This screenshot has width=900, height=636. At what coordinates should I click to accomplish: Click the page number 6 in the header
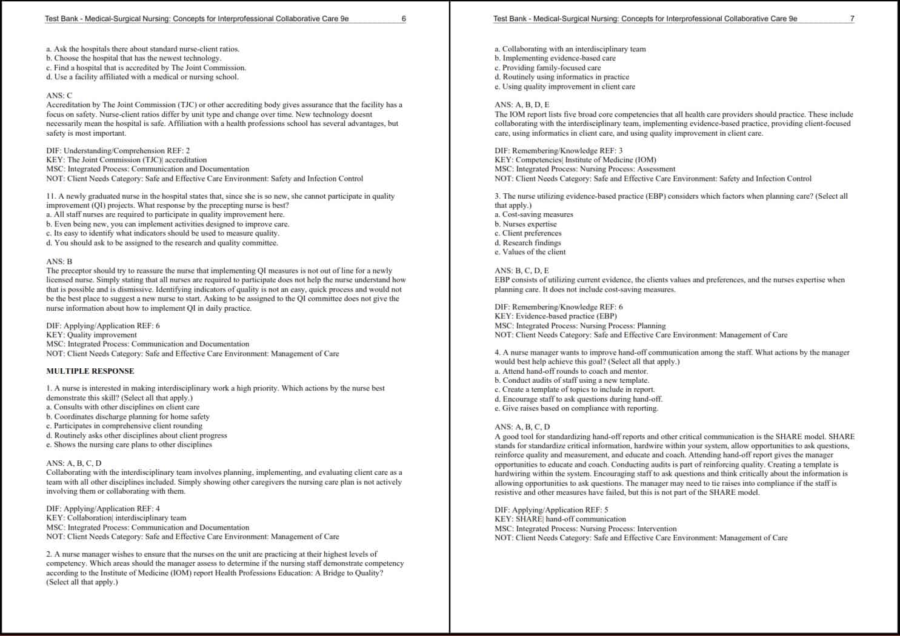pos(404,19)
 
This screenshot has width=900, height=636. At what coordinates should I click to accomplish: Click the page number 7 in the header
pos(852,19)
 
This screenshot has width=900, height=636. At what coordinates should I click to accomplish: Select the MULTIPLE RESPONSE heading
pos(90,371)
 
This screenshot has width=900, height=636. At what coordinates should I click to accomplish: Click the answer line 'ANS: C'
pos(59,96)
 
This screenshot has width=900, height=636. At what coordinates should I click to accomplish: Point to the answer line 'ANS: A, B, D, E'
pos(522,105)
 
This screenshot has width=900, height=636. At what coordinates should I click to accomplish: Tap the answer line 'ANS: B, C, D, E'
pos(521,271)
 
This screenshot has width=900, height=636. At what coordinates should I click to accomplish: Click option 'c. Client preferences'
pos(528,233)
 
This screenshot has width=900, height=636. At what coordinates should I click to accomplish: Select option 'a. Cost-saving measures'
pos(533,214)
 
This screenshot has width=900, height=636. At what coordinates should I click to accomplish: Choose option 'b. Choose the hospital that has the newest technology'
pos(133,58)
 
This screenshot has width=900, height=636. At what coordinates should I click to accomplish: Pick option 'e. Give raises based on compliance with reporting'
pos(576,408)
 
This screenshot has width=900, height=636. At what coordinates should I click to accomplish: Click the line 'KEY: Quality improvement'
pos(92,335)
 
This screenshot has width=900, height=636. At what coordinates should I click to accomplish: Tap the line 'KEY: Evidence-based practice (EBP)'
pos(556,316)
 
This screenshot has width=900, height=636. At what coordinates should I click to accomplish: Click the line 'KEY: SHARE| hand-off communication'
pos(560,519)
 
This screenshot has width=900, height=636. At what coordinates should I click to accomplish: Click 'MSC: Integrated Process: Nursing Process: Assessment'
pos(585,169)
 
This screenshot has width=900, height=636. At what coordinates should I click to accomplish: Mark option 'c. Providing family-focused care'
pos(547,68)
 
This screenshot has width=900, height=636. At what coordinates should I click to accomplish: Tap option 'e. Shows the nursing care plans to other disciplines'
pos(129,445)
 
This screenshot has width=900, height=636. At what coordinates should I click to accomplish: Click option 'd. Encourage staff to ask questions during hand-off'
pos(578,399)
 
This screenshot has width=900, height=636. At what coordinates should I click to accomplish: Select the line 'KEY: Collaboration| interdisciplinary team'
pos(116,518)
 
